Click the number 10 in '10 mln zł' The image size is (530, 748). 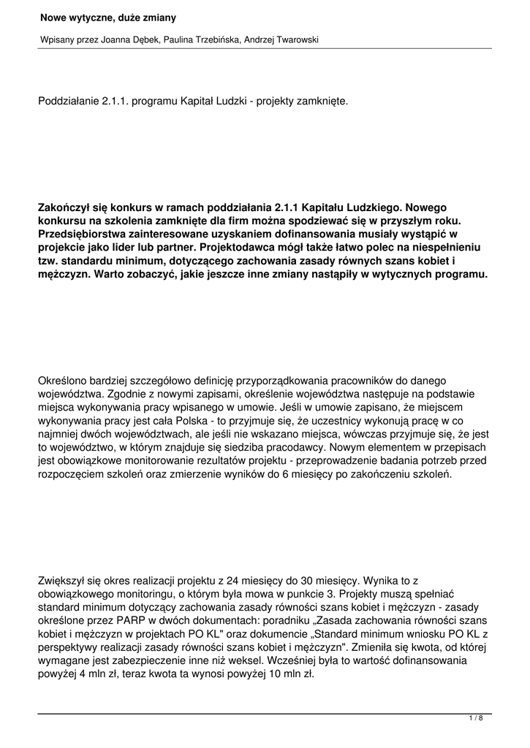(249, 673)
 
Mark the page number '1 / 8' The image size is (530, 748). (475, 719)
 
